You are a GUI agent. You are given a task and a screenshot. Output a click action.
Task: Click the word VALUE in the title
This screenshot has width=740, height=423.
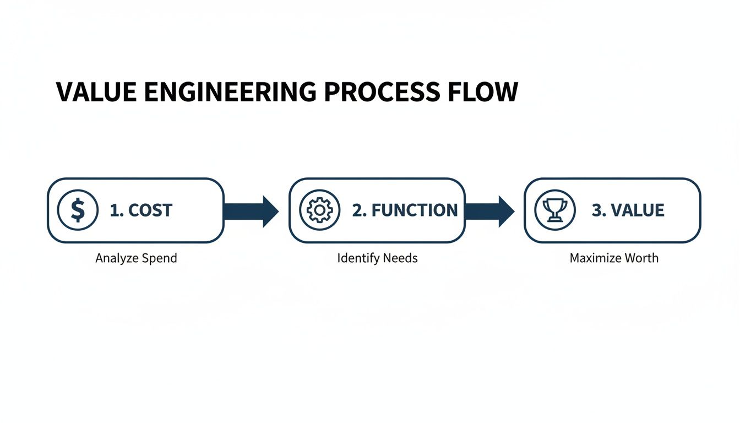coord(96,92)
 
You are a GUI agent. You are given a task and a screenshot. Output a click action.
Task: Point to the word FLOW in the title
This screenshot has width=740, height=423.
coord(483,92)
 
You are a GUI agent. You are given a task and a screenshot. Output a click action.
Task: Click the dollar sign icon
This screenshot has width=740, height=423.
coord(78,210)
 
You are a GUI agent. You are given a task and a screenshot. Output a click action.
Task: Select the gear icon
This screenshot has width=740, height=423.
coord(319,210)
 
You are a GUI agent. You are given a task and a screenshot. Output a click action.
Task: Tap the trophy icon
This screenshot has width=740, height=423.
coord(554,210)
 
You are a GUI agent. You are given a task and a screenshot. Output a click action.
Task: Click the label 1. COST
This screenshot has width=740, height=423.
coord(141,210)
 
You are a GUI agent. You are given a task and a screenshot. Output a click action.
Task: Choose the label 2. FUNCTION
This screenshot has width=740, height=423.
coord(405,210)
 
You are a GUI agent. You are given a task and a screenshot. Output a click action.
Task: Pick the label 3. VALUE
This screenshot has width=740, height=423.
coord(628,210)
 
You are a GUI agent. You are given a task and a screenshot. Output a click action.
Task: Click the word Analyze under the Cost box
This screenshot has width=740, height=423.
coord(116,258)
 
